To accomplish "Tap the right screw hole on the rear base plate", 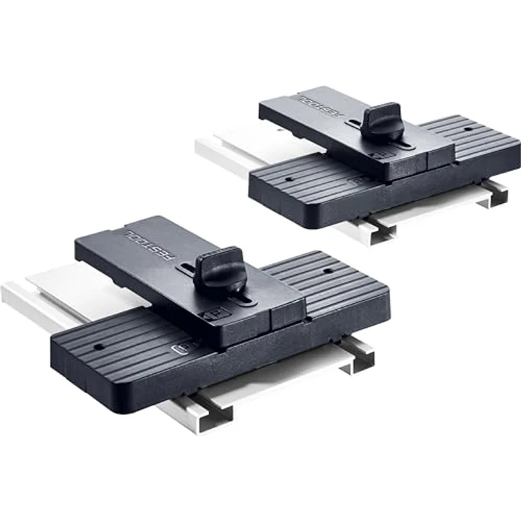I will (468, 129).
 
